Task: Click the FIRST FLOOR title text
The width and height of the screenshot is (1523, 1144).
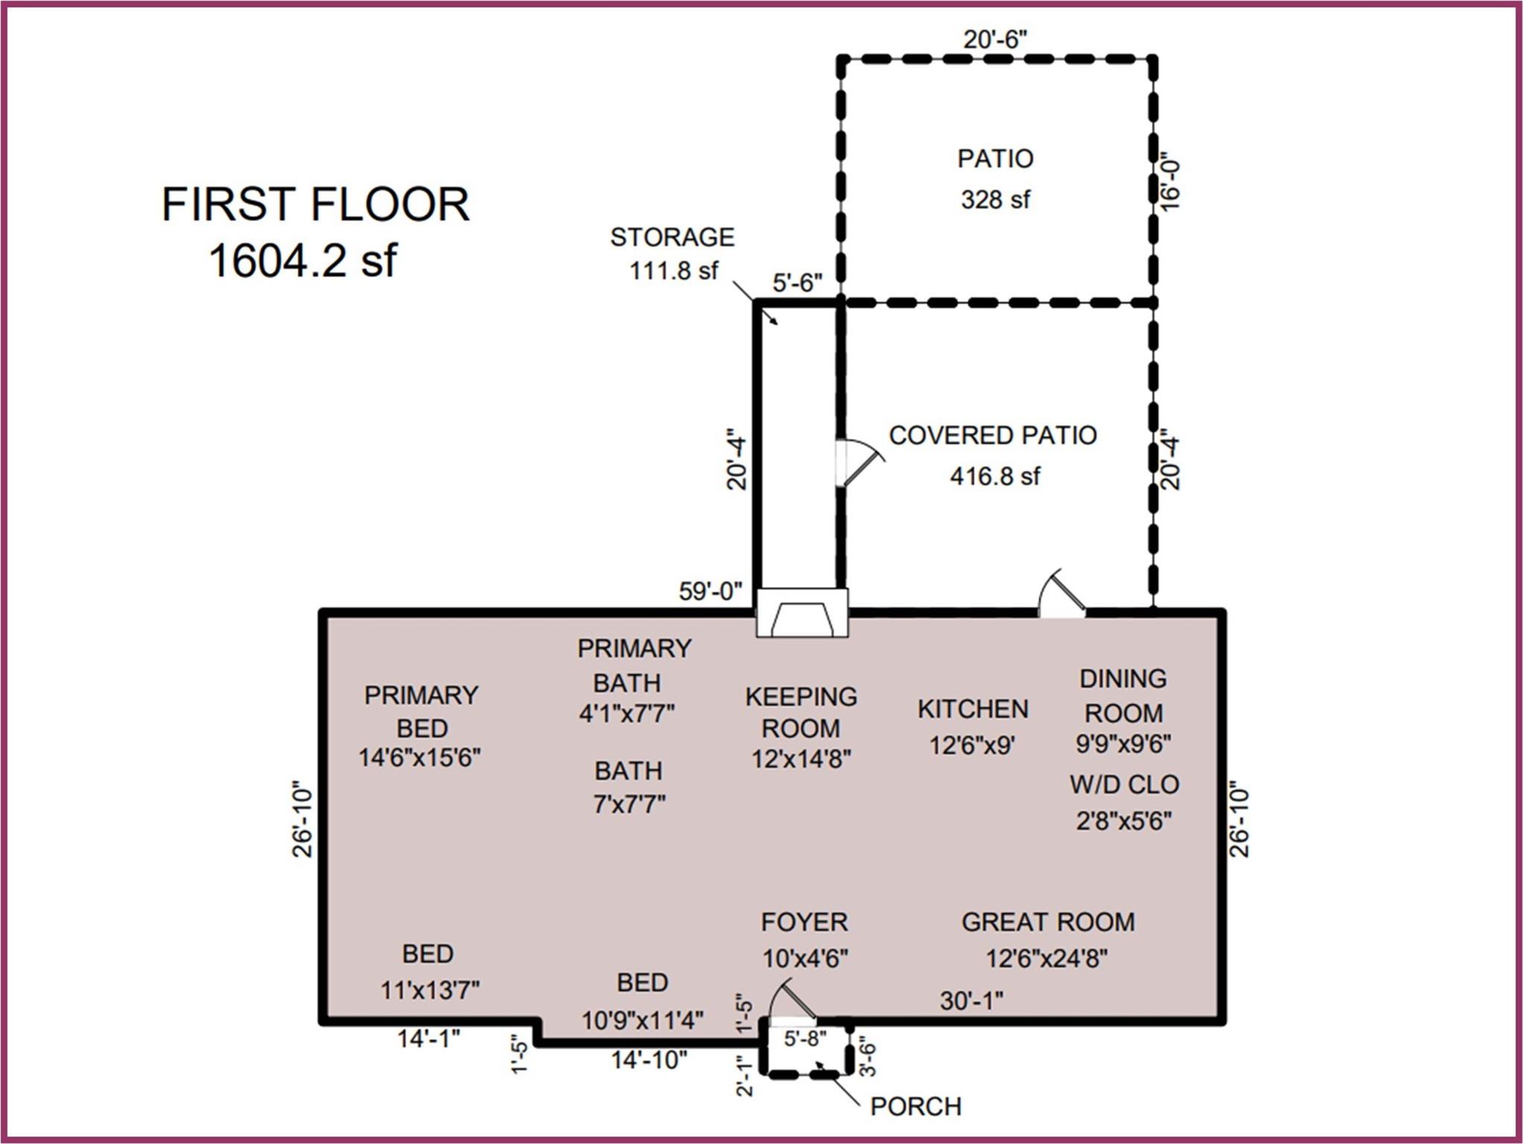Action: (315, 204)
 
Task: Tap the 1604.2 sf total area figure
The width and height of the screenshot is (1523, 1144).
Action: (303, 261)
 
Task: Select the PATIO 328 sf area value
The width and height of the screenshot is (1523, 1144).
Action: (995, 200)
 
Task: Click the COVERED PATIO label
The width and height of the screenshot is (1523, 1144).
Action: (992, 435)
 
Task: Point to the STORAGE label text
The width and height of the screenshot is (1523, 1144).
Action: (672, 237)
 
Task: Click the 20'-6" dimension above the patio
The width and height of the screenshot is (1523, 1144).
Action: (995, 39)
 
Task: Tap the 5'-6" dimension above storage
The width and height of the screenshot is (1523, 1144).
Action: (797, 283)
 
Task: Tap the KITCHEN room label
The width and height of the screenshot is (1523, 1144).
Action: (972, 709)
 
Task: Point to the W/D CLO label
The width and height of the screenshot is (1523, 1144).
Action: (1124, 784)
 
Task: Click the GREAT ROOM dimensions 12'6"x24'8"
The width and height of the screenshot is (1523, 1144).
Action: (1046, 958)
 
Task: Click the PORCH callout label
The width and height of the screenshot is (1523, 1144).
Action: (915, 1107)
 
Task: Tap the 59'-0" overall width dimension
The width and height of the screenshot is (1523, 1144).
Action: (710, 591)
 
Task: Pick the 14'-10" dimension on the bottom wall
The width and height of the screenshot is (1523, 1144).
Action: (648, 1059)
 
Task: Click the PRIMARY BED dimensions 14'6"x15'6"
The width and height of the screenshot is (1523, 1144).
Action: (419, 757)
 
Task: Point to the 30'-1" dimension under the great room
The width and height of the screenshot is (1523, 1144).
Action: (971, 1001)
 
